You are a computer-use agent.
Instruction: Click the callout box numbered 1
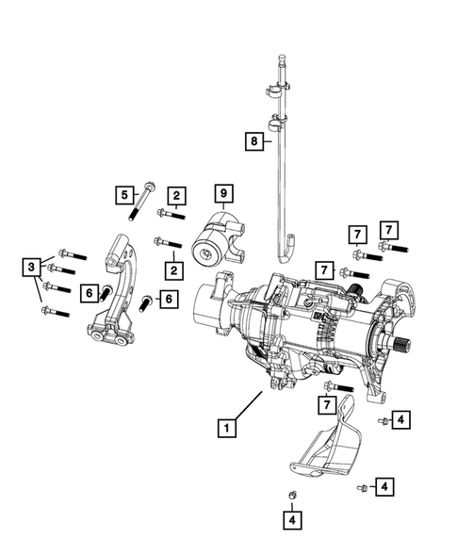pyautogui.click(x=225, y=428)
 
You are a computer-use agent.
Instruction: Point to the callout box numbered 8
pyautogui.click(x=252, y=141)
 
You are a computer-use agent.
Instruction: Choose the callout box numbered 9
pyautogui.click(x=223, y=194)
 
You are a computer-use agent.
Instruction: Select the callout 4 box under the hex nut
pyautogui.click(x=292, y=518)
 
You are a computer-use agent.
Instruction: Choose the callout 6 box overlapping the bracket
pyautogui.click(x=90, y=294)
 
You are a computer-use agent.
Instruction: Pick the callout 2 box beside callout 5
pyautogui.click(x=176, y=196)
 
